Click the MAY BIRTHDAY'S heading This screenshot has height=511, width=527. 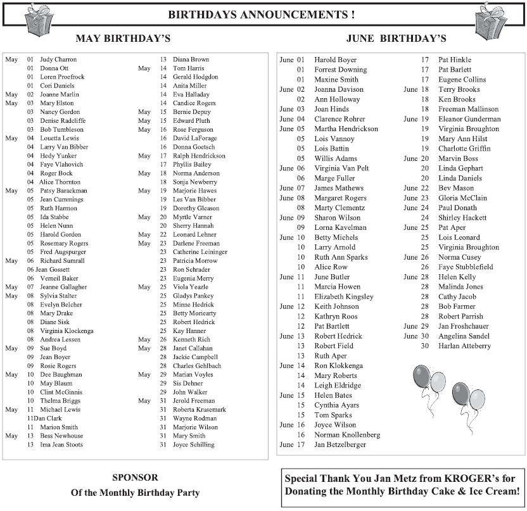click(x=123, y=39)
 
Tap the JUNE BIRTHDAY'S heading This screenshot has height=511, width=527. click(x=397, y=39)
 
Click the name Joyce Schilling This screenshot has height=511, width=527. click(x=193, y=445)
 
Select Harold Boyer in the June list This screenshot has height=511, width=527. click(x=336, y=60)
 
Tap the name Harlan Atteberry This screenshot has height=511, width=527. click(x=464, y=346)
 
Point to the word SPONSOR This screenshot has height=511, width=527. click(x=135, y=477)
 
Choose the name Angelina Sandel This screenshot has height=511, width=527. click(x=464, y=336)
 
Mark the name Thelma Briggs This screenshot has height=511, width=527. click(x=60, y=401)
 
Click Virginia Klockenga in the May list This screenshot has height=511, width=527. click(x=67, y=331)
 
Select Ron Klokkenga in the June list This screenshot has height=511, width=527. click(x=338, y=365)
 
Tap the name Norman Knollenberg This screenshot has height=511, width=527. click(x=347, y=434)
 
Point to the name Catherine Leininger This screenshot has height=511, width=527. click(x=200, y=252)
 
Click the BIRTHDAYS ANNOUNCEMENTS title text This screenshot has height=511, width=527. click(x=261, y=15)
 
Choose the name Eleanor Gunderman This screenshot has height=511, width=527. click(x=469, y=118)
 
